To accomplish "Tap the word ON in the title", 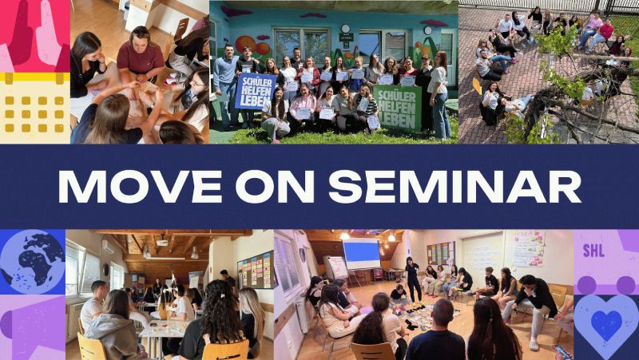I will [285, 186].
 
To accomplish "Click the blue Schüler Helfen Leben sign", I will [255, 92].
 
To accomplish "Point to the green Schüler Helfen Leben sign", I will [399, 106].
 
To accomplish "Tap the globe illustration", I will [32, 262].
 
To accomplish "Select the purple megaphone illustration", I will [32, 328].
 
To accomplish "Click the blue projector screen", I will [361, 255].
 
